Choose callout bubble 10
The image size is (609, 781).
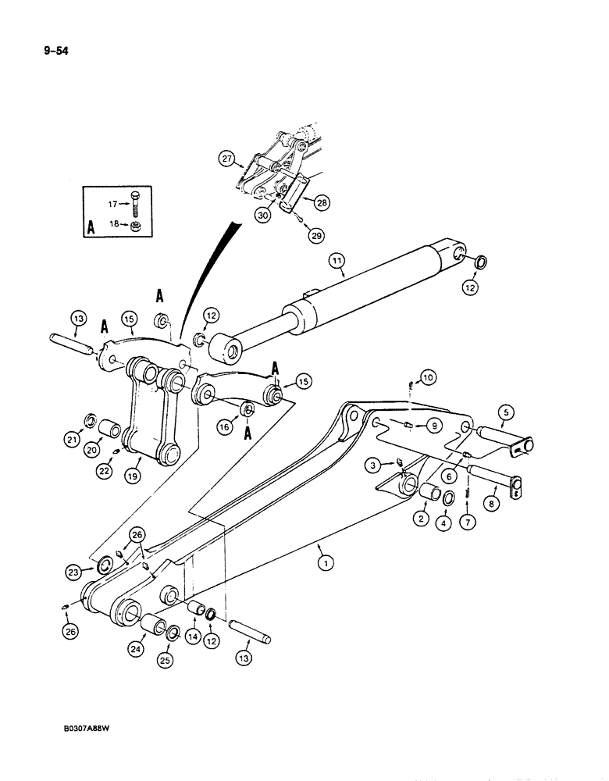pyautogui.click(x=426, y=378)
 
